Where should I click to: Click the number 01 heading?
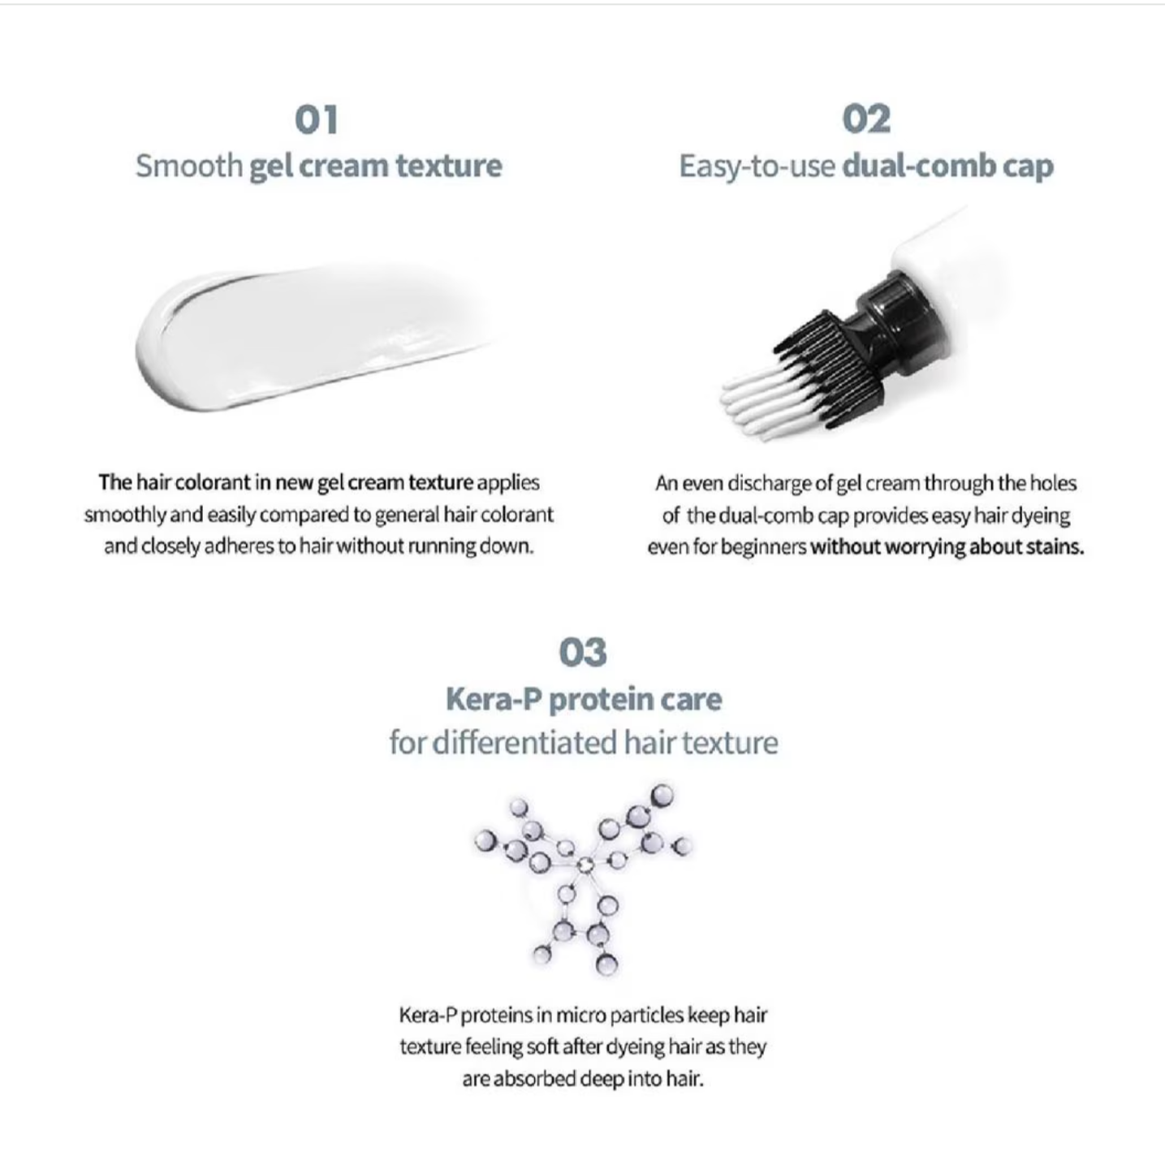click(x=316, y=119)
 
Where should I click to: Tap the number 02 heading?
click(x=866, y=119)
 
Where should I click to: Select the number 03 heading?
click(x=583, y=653)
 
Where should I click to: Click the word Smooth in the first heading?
click(x=189, y=166)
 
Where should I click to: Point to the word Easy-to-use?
click(x=757, y=166)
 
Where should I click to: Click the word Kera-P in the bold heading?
click(x=494, y=700)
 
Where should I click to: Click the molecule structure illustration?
click(x=583, y=878)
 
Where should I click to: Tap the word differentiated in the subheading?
click(x=525, y=742)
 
